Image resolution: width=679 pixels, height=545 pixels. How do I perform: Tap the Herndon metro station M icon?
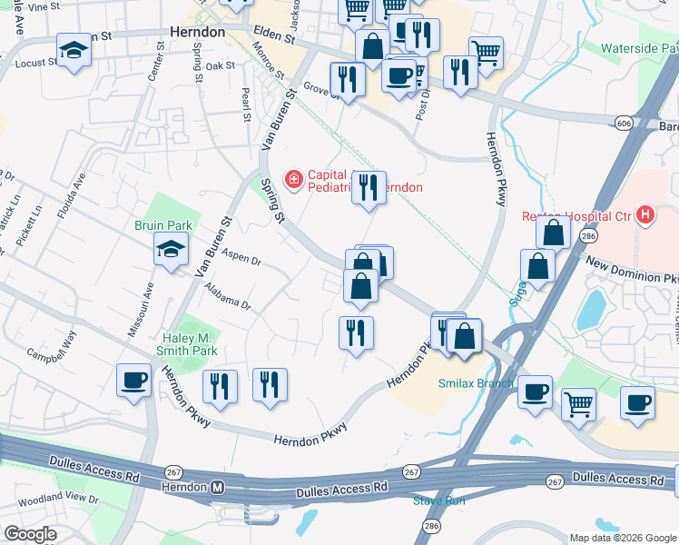(x=217, y=488)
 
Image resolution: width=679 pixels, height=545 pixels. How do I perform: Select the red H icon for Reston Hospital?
(x=645, y=214)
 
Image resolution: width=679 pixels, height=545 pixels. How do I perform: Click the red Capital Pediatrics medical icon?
(x=293, y=180)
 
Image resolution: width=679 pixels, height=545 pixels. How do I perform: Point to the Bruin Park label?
(x=159, y=224)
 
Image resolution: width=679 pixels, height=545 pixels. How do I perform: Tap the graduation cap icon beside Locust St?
(x=74, y=51)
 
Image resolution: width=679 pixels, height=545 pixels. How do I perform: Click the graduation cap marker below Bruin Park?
(x=171, y=251)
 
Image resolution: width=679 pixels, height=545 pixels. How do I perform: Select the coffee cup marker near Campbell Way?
(x=134, y=380)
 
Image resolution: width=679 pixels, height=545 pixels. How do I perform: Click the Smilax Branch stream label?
(x=476, y=383)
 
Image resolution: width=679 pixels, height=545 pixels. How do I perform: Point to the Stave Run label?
(x=438, y=500)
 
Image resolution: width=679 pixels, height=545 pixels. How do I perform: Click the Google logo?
(x=30, y=533)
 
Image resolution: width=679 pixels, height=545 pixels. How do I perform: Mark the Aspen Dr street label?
(x=241, y=260)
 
